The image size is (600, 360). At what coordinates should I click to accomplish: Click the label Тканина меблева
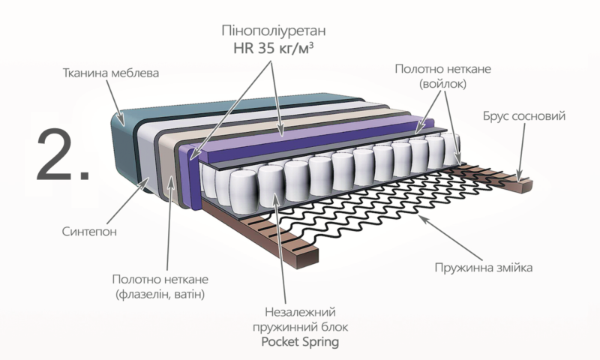(x=110, y=73)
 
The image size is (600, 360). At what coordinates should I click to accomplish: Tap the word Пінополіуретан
(x=274, y=30)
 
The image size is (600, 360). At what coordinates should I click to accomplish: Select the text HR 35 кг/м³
(x=274, y=48)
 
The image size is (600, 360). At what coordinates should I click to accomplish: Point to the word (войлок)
(x=442, y=84)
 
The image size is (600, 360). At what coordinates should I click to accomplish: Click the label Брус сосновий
(x=524, y=116)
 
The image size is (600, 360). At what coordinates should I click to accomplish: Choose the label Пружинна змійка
(x=483, y=267)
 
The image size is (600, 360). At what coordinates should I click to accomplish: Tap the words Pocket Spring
(x=300, y=341)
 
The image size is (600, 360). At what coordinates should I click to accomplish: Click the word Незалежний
(x=300, y=312)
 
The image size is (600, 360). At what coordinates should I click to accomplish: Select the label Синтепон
(x=89, y=232)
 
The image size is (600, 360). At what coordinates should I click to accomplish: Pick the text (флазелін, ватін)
(x=160, y=294)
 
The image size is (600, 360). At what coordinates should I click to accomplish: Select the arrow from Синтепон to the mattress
(x=128, y=200)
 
